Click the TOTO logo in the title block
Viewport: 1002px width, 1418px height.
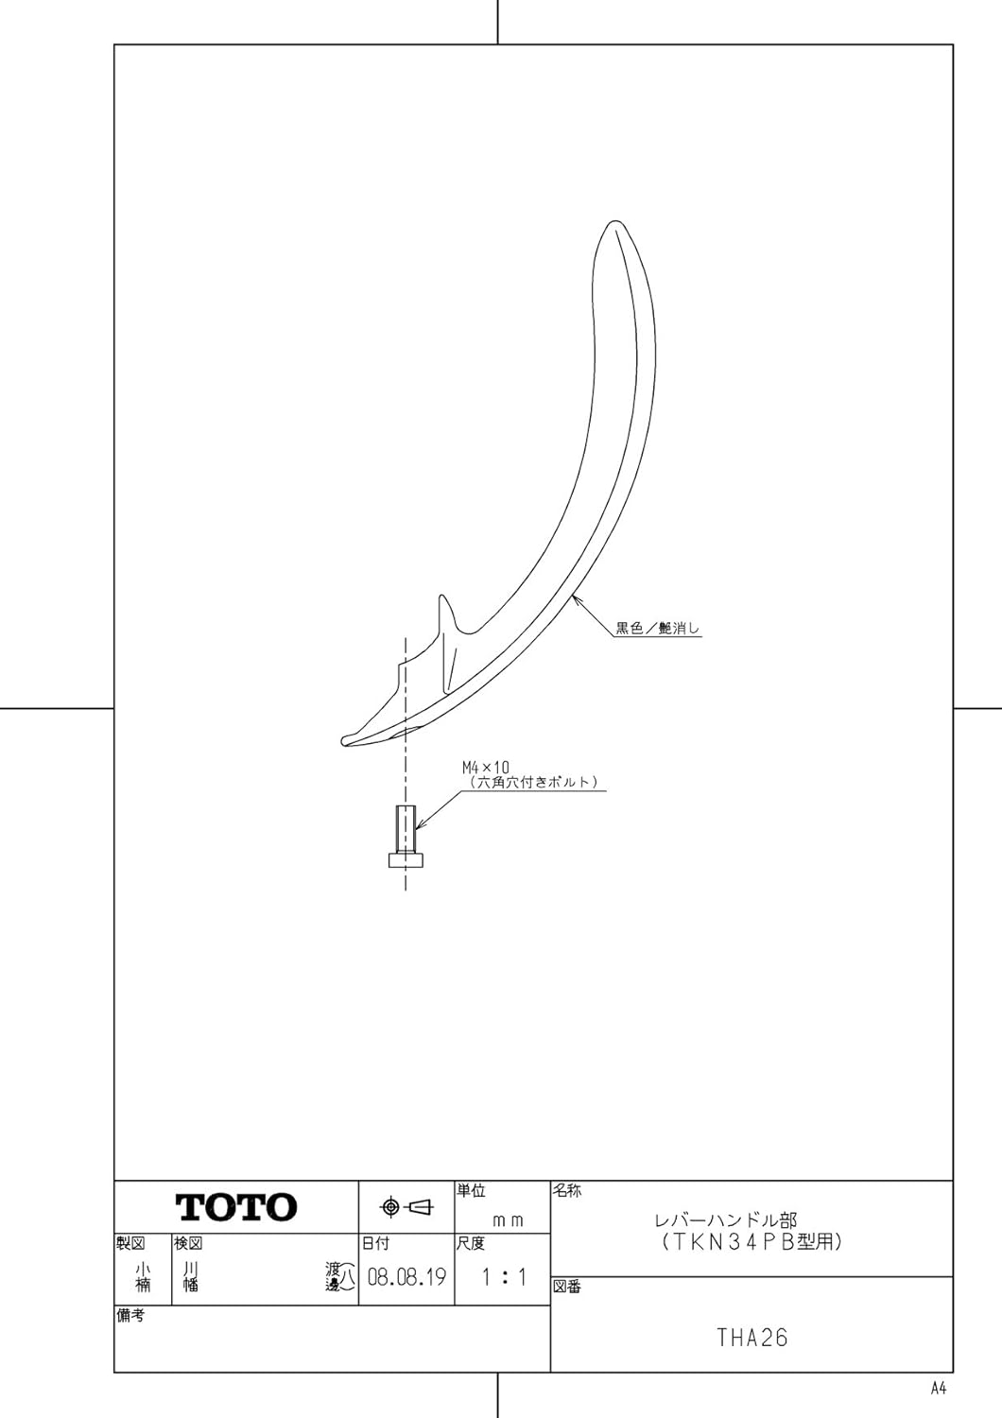coord(236,1206)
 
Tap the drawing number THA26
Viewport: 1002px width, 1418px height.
coord(751,1338)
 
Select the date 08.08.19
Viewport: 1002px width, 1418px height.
coord(406,1278)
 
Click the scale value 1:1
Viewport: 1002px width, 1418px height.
coord(503,1278)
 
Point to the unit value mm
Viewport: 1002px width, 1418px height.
coord(508,1220)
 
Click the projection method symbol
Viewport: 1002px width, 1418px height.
coord(406,1207)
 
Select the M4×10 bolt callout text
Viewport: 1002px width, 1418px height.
coord(485,768)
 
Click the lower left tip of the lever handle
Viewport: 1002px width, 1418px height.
coord(346,740)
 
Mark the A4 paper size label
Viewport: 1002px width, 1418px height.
coord(938,1388)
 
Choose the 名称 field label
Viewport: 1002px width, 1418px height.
coord(567,1191)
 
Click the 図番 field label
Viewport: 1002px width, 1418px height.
coord(567,1287)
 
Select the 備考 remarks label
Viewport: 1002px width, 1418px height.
coord(130,1315)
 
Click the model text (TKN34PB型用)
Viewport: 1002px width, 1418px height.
coord(751,1241)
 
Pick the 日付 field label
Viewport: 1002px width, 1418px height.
coord(375,1243)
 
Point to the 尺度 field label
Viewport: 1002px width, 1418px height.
coord(471,1243)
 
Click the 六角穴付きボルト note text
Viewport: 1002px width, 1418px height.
coord(534,782)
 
